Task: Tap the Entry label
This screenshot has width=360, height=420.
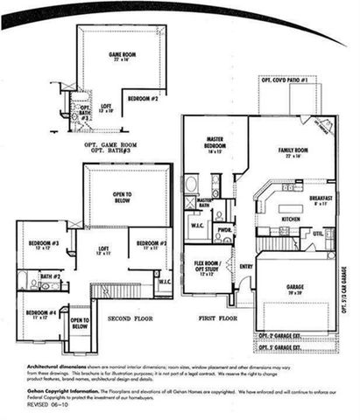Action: coord(245,267)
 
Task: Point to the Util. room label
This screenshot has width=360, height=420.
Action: coord(317,234)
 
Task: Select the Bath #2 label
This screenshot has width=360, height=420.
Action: coord(49,277)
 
